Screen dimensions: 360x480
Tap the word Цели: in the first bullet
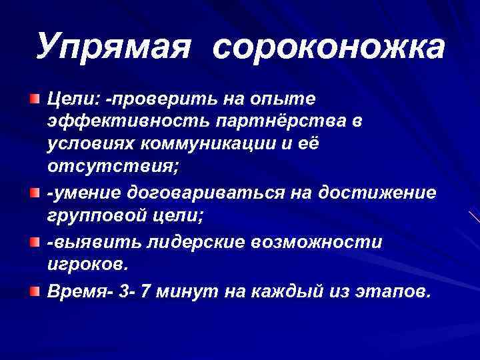point(72,99)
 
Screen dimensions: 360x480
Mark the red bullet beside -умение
point(33,193)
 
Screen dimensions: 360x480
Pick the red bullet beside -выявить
point(33,241)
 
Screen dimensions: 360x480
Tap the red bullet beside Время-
point(33,291)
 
